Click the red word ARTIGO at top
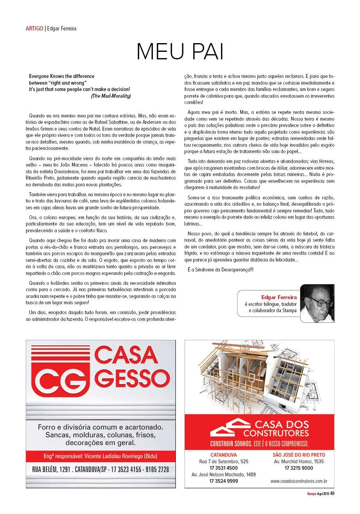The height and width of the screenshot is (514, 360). point(34,28)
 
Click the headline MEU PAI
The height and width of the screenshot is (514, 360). point(180,51)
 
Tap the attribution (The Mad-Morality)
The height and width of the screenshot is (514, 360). point(110,96)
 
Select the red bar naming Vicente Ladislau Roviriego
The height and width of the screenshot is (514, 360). point(101,456)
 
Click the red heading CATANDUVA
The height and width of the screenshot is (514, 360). point(223,455)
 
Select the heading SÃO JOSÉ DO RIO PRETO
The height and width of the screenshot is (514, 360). point(299,455)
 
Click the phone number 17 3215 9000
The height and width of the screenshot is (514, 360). point(299,468)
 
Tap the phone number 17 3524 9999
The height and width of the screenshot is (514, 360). point(223,481)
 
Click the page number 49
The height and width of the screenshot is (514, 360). point(332,493)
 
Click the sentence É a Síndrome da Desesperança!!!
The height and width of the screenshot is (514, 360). point(220,269)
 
